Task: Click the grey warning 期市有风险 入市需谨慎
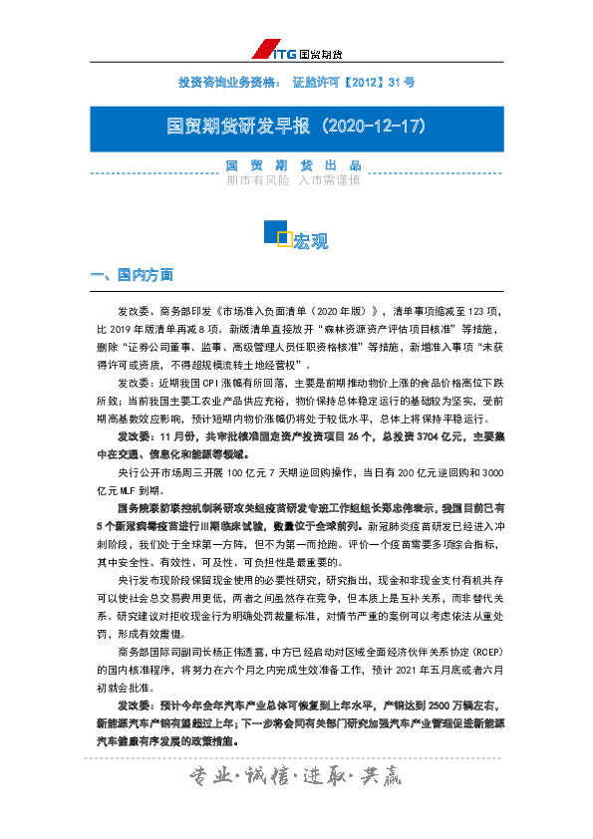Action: [293, 181]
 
